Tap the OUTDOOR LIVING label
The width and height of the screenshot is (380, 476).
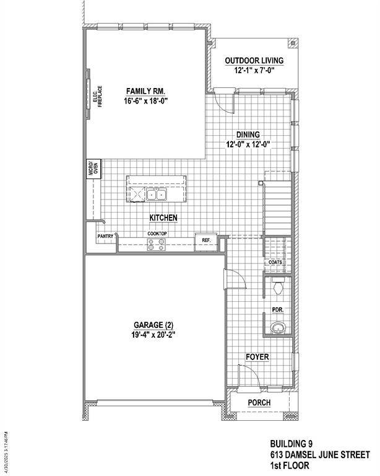254,60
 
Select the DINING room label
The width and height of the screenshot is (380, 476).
248,134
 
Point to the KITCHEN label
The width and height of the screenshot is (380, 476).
164,218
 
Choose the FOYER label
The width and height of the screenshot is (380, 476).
257,357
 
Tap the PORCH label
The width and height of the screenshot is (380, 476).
259,402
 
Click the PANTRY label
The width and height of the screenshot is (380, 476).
105,236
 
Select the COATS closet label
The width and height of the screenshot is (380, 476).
275,262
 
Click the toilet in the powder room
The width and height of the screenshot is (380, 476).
277,287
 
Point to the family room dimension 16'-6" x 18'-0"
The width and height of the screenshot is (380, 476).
146,100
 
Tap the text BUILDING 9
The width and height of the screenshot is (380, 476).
291,444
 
